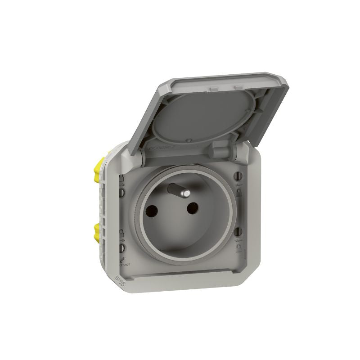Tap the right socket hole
tap(193, 207)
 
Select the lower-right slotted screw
tap(238, 232)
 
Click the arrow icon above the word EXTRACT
tap(122, 258)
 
